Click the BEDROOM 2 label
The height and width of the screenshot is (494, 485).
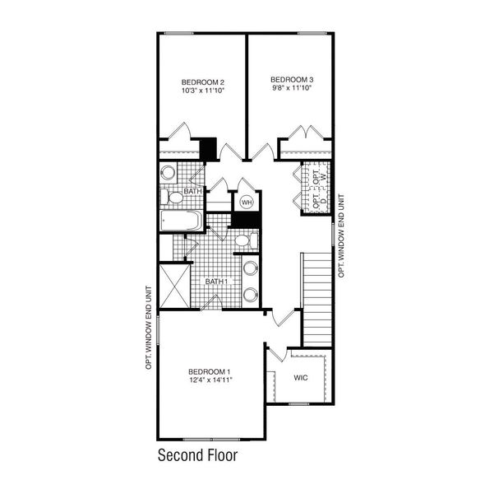[203, 82]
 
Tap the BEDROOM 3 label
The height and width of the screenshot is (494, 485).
[293, 80]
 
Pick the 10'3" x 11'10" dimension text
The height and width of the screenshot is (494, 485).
[203, 91]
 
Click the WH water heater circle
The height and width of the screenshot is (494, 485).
[246, 202]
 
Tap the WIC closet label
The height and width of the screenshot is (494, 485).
[302, 378]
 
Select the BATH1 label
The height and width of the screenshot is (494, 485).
[216, 282]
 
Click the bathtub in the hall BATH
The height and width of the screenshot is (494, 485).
[182, 221]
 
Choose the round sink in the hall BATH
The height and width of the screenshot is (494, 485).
[168, 173]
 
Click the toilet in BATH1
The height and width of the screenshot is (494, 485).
[242, 240]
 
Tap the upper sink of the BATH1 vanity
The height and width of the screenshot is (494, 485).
[249, 268]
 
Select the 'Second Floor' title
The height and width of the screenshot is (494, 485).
[197, 454]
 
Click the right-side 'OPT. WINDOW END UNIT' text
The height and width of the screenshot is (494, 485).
[340, 235]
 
